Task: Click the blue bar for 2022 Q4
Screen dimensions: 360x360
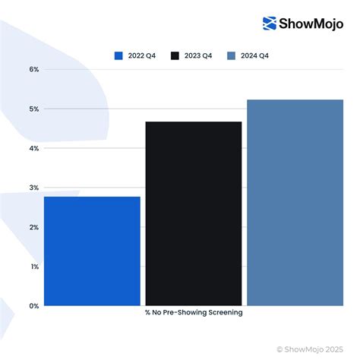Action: pyautogui.click(x=92, y=251)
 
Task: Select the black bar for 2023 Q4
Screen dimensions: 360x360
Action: pyautogui.click(x=194, y=213)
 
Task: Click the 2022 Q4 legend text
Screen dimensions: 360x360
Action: pyautogui.click(x=143, y=55)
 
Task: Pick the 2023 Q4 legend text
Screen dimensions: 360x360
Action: pyautogui.click(x=200, y=55)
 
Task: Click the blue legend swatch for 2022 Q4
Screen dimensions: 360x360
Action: pyautogui.click(x=118, y=55)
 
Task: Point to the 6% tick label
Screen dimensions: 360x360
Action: pyautogui.click(x=34, y=69)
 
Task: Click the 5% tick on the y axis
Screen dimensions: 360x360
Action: pyautogui.click(x=34, y=109)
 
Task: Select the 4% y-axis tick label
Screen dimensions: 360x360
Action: pyautogui.click(x=34, y=148)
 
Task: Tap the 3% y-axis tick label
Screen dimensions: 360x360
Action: pyautogui.click(x=34, y=188)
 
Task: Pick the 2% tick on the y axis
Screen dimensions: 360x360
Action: pyautogui.click(x=34, y=227)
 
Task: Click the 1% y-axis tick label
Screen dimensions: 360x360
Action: pyautogui.click(x=34, y=267)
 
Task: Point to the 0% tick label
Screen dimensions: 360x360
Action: pyautogui.click(x=34, y=306)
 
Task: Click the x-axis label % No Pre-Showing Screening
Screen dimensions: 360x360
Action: pyautogui.click(x=194, y=313)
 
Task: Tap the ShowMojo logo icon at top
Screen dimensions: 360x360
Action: pyautogui.click(x=270, y=24)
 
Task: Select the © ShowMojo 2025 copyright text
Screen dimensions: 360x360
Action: pyautogui.click(x=315, y=349)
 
